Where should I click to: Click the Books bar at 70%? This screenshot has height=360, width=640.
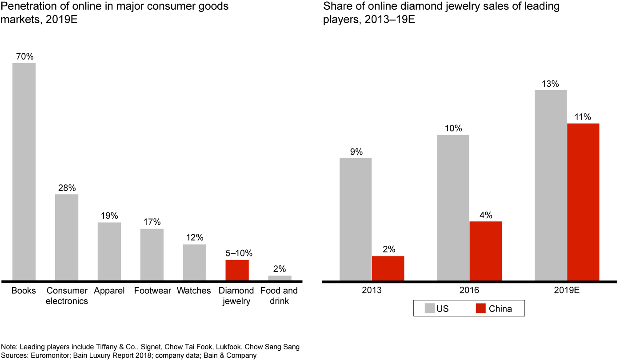pyautogui.click(x=24, y=172)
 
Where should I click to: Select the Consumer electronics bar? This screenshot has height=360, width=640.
pyautogui.click(x=67, y=237)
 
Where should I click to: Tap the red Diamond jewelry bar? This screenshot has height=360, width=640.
pyautogui.click(x=237, y=270)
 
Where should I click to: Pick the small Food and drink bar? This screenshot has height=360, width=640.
pyautogui.click(x=280, y=278)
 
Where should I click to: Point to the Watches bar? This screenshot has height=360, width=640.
pyautogui.click(x=194, y=262)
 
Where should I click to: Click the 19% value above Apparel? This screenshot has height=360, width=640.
pyautogui.click(x=109, y=216)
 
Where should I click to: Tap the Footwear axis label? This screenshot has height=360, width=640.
pyautogui.click(x=152, y=291)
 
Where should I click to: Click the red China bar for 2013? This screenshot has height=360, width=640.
pyautogui.click(x=388, y=268)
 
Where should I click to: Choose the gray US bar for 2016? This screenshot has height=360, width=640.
pyautogui.click(x=453, y=208)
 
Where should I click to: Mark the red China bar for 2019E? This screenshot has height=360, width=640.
pyautogui.click(x=583, y=202)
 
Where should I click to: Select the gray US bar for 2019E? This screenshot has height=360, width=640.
pyautogui.click(x=551, y=185)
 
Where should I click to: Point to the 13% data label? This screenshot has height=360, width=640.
pyautogui.click(x=550, y=84)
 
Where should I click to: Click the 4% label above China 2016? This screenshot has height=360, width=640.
pyautogui.click(x=485, y=215)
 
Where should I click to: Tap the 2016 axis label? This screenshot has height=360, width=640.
pyautogui.click(x=469, y=291)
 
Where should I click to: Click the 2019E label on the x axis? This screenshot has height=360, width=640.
pyautogui.click(x=567, y=291)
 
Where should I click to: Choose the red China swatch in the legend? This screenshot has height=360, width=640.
pyautogui.click(x=480, y=308)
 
